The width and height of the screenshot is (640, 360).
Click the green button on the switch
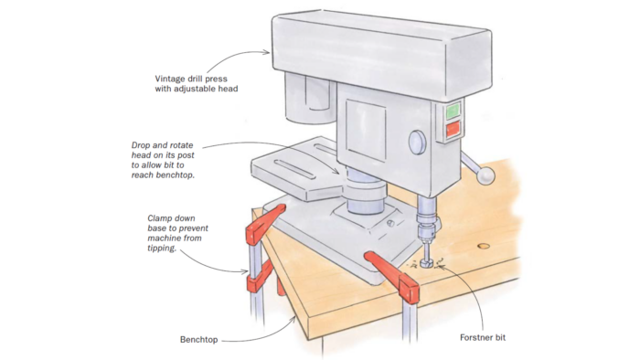click(453, 111)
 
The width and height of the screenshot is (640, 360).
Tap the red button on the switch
click(453, 129)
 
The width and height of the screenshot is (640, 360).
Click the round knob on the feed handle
click(486, 175)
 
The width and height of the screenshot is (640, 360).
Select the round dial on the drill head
click(417, 143)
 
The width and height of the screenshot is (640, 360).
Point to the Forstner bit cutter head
click(428, 262)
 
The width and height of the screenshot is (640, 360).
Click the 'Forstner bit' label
click(483, 337)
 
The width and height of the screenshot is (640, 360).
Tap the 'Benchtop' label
click(198, 340)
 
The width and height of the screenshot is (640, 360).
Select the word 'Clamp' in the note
click(159, 218)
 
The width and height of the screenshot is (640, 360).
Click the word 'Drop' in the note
click(141, 145)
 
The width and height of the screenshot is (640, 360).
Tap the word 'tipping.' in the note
click(162, 248)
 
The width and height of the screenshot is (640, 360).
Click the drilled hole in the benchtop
click(484, 247)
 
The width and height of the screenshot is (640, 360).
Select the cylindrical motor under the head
click(309, 98)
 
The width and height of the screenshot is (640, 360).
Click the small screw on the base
click(390, 224)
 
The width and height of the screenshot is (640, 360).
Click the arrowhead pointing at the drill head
click(267, 52)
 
